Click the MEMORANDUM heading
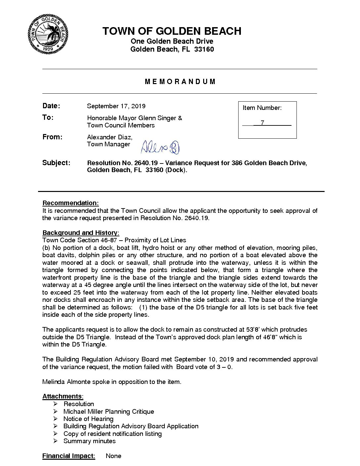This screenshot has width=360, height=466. click(180, 81)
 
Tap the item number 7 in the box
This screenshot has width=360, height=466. click(262, 123)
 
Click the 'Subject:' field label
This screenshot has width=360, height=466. click(56, 163)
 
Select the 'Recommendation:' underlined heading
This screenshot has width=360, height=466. click(70, 203)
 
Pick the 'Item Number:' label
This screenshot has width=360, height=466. click(262, 108)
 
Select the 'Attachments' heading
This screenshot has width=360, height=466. click(62, 396)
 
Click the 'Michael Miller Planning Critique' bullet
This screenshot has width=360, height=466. click(109, 411)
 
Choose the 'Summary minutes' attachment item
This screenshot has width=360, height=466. click(89, 441)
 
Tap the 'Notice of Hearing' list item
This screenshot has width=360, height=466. click(88, 419)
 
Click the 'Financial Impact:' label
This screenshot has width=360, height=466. click(68, 456)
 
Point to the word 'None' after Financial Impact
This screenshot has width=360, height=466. click(113, 456)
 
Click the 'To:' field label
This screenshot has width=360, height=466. click(48, 118)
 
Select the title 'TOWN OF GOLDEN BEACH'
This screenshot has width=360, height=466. click(172, 31)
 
